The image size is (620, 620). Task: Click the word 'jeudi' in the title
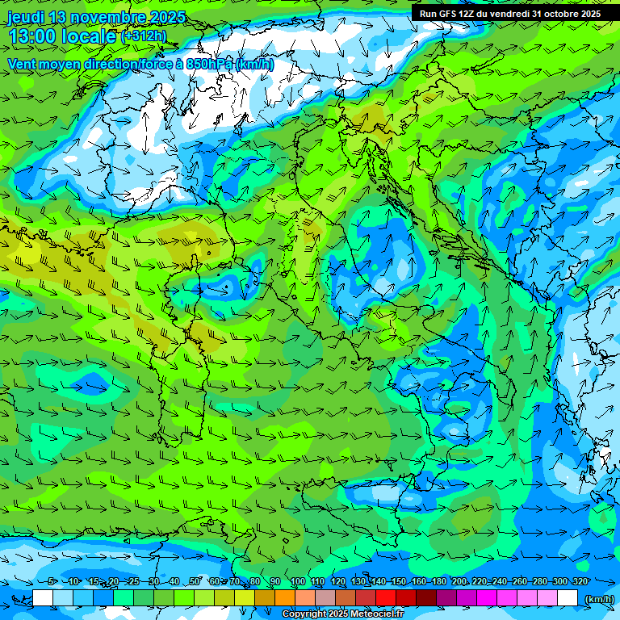(25, 17)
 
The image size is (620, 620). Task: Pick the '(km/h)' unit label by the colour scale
(598, 599)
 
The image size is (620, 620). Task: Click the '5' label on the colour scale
(52, 581)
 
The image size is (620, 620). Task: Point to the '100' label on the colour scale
(298, 581)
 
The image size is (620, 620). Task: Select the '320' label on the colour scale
(580, 581)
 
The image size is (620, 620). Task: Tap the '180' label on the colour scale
(438, 581)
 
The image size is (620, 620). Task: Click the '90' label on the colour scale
(275, 581)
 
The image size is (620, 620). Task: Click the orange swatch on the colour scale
(285, 598)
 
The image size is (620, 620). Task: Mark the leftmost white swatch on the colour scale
(43, 598)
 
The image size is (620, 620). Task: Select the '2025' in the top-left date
(167, 17)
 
